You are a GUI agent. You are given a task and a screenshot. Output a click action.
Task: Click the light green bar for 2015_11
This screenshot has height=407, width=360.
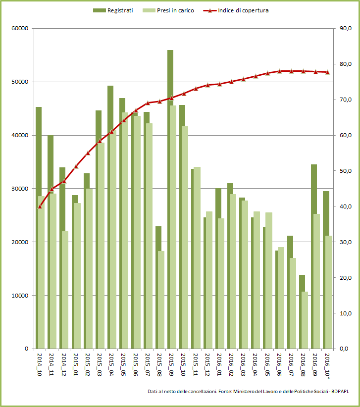(x=197, y=257)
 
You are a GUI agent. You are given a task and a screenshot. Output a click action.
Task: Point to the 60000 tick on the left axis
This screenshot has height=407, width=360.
(x=20, y=29)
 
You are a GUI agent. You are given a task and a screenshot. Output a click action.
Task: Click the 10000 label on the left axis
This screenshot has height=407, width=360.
(x=20, y=296)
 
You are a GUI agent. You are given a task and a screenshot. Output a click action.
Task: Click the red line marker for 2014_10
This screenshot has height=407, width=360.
(x=40, y=206)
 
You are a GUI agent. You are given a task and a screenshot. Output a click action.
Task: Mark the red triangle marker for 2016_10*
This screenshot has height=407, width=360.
(x=327, y=72)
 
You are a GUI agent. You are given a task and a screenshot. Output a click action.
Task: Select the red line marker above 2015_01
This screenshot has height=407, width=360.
(x=76, y=166)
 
